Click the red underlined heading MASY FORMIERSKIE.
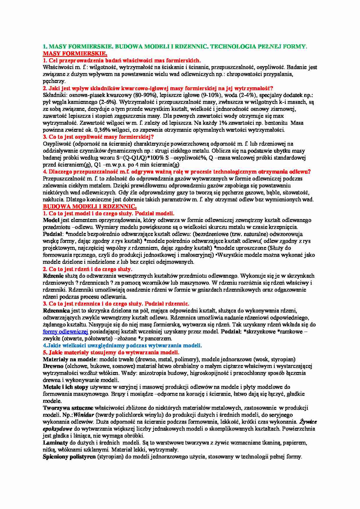pos(75,54)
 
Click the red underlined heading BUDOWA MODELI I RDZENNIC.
pos(89,207)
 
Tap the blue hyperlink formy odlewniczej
pos(65,332)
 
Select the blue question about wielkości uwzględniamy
pos(122,346)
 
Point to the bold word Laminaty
pos(55,443)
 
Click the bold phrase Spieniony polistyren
pos(69,457)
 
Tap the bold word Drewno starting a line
pos(53,366)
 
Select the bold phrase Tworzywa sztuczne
pos(68,408)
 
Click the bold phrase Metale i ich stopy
pos(65,387)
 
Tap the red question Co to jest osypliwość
pos(98,137)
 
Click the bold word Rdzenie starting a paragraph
pos(53,276)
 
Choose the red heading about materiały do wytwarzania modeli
pos(111,353)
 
